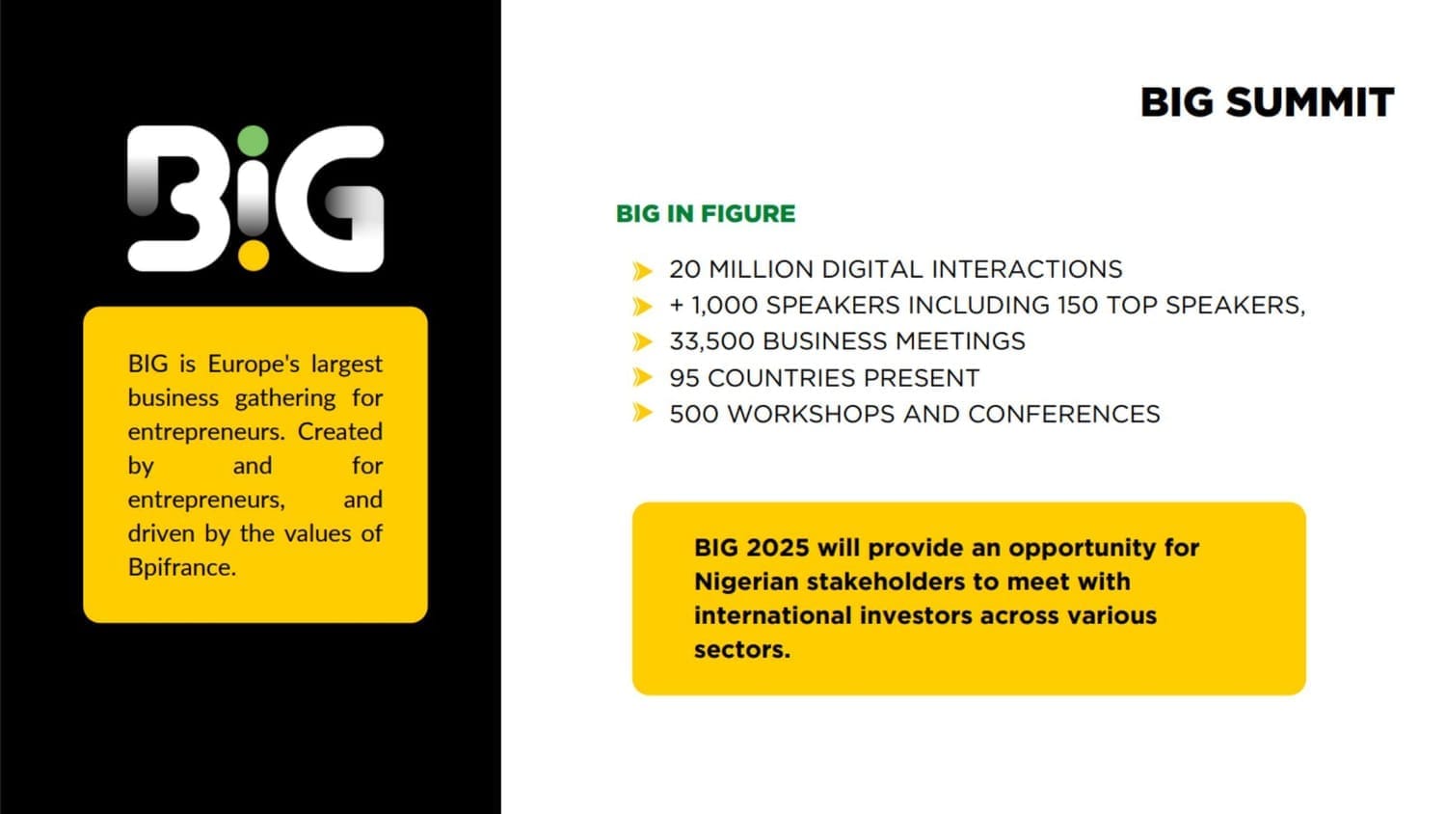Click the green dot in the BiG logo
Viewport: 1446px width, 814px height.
tap(253, 142)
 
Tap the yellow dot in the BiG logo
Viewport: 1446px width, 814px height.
tap(253, 256)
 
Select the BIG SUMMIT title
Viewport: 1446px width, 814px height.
tap(1267, 103)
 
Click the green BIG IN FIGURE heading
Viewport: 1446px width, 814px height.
tap(706, 214)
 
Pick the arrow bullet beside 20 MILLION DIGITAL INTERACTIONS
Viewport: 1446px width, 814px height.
tap(642, 271)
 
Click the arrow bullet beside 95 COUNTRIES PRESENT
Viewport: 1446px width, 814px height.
tap(642, 377)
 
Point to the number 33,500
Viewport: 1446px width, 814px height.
tap(711, 341)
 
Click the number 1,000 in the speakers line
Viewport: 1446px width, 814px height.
tap(724, 306)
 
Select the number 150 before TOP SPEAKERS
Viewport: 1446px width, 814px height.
tap(1078, 305)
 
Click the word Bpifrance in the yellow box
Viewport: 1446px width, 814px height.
tap(181, 568)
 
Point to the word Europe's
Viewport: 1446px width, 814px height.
tap(254, 364)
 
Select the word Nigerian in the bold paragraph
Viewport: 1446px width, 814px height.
tap(747, 583)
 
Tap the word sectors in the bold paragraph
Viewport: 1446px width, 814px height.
tap(741, 650)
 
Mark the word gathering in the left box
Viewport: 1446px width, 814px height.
tap(285, 399)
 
